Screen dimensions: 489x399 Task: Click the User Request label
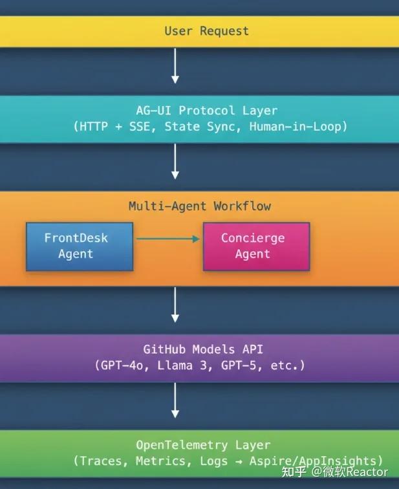pyautogui.click(x=206, y=31)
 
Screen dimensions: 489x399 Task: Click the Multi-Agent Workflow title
pyautogui.click(x=199, y=206)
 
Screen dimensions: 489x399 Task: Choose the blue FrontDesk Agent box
pyautogui.click(x=79, y=246)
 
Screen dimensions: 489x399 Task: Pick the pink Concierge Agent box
pyautogui.click(x=256, y=246)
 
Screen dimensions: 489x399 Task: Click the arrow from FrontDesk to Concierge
pyautogui.click(x=168, y=239)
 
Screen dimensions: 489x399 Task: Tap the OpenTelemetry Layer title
pyautogui.click(x=203, y=445)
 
